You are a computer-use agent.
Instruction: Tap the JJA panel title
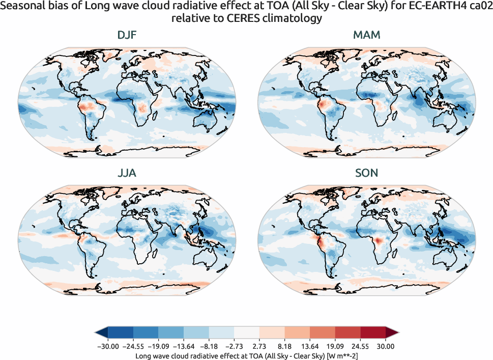pyautogui.click(x=126, y=173)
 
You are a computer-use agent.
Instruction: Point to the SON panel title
pyautogui.click(x=366, y=173)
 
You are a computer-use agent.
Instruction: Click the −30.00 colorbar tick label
pyautogui.click(x=107, y=346)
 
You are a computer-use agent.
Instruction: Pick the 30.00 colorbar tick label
pyautogui.click(x=386, y=346)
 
